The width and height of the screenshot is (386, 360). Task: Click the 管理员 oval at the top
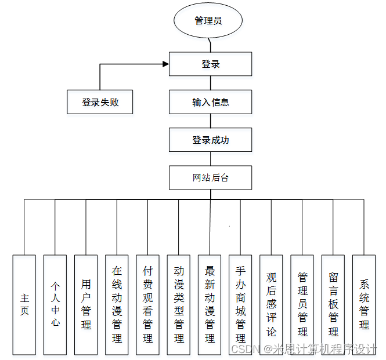tap(208, 21)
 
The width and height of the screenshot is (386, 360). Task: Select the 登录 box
tap(210, 64)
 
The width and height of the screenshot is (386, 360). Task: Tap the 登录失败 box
tap(100, 102)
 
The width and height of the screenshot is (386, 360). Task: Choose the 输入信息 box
tap(210, 102)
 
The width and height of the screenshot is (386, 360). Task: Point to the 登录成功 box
tap(210, 140)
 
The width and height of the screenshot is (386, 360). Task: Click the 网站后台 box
tap(210, 177)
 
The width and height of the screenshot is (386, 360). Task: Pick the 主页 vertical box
tap(24, 304)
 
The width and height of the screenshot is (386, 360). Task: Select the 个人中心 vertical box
tap(55, 304)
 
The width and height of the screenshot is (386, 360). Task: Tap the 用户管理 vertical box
tap(86, 304)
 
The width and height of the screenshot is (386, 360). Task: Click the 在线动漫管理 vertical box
tap(117, 304)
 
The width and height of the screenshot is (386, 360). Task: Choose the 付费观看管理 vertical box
tap(147, 304)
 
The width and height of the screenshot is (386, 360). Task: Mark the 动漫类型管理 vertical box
tap(179, 304)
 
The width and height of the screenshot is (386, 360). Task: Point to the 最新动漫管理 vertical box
tap(210, 304)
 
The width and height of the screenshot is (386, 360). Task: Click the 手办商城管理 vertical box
tap(240, 304)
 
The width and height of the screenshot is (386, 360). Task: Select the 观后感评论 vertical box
tap(271, 304)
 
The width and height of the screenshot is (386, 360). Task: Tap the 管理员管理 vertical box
tap(302, 304)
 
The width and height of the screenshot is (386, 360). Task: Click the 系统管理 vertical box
tap(364, 304)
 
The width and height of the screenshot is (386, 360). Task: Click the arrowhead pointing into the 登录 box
tap(165, 64)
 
